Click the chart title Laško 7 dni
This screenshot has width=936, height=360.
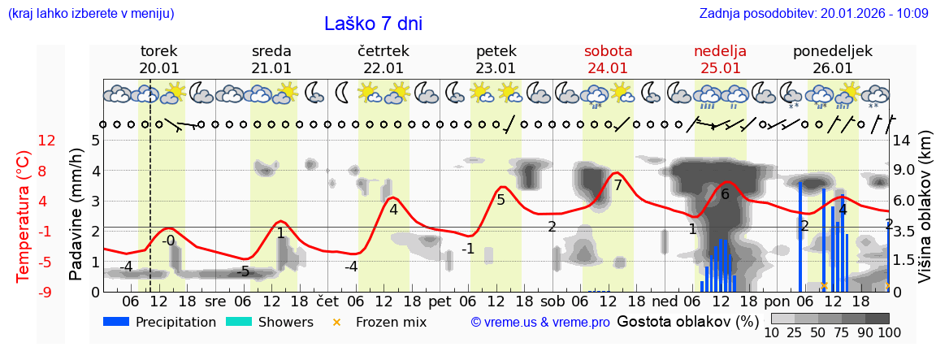(373, 24)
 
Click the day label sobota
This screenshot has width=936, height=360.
(608, 51)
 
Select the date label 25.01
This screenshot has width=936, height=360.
(720, 68)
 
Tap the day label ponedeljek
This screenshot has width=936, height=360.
(833, 51)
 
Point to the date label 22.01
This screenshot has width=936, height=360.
(383, 68)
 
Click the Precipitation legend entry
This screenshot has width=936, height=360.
(160, 322)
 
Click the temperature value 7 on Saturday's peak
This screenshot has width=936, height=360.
(617, 185)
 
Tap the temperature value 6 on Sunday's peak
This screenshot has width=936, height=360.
(725, 194)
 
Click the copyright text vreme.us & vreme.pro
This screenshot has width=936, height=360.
(540, 323)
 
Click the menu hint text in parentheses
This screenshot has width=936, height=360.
(90, 13)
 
